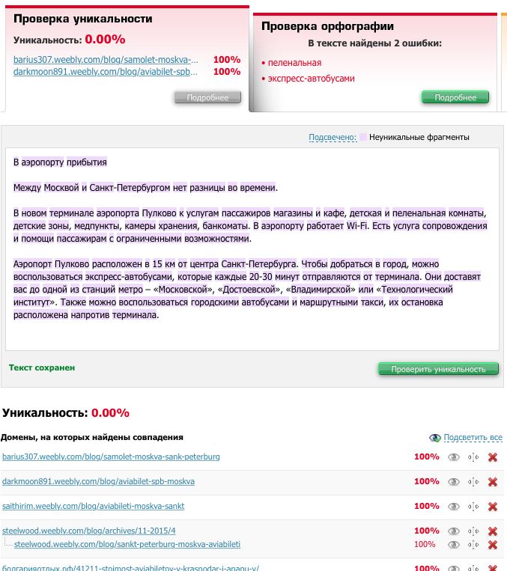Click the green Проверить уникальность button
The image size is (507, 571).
(438, 369)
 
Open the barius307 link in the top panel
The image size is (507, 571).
(106, 59)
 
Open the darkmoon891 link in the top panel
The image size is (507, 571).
(106, 72)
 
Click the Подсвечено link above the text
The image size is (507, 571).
(333, 138)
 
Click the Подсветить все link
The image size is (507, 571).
(472, 437)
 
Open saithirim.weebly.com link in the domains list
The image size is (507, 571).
(93, 506)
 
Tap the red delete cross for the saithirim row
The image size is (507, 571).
(493, 507)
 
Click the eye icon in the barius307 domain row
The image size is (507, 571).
(453, 457)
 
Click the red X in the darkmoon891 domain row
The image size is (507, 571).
(493, 482)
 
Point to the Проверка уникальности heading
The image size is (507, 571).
(82, 19)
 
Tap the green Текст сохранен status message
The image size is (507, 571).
(42, 367)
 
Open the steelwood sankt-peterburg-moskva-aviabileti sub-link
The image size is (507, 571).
(127, 544)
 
